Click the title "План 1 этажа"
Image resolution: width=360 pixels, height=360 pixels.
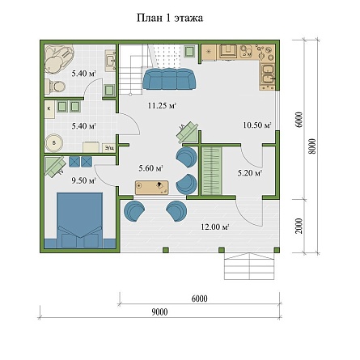170,19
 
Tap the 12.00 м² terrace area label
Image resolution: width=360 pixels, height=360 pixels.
215,227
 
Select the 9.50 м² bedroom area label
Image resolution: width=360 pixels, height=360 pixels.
84,180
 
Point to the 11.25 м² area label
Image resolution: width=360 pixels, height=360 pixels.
162,105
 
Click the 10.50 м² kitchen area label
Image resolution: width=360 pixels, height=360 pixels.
257,125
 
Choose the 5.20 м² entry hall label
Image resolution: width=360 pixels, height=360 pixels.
250,173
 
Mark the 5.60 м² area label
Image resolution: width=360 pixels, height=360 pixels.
151,168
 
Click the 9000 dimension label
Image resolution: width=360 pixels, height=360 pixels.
159,312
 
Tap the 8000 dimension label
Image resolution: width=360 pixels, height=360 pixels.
312,146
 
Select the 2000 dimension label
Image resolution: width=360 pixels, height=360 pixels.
299,226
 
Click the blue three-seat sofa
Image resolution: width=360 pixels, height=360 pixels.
169,78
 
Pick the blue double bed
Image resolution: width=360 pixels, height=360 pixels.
80,220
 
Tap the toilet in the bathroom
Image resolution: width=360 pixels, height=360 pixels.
55,87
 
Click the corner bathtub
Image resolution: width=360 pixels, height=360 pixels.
59,59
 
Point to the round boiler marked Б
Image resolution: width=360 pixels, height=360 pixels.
54,143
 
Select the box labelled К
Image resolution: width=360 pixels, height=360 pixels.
50,109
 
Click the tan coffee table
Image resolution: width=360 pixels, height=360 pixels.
152,188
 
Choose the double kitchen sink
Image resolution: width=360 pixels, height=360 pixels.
267,74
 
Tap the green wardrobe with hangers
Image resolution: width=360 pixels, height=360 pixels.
212,171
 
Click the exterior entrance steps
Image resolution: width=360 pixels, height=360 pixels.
250,266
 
